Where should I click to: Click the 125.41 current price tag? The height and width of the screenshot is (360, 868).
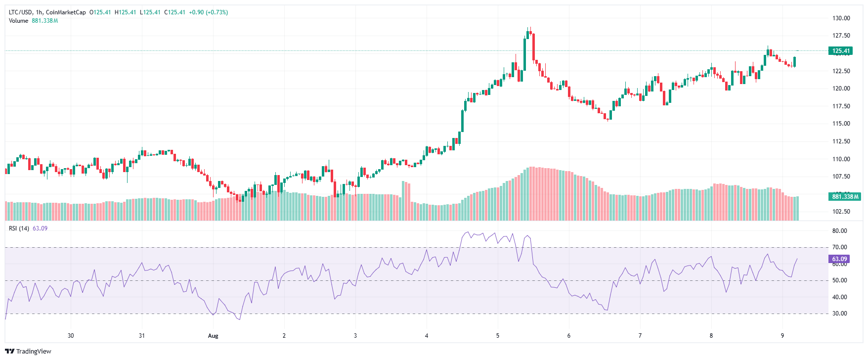tap(840, 51)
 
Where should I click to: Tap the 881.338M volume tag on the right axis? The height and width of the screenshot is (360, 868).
tap(845, 197)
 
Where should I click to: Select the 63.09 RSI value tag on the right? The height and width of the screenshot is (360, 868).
tap(839, 259)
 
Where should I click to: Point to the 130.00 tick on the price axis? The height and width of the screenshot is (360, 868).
tap(841, 18)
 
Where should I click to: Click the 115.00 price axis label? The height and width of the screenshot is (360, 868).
tap(841, 124)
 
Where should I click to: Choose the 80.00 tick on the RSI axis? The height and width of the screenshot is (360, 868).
tap(839, 231)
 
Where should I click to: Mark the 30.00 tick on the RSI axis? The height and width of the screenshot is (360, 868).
tap(839, 314)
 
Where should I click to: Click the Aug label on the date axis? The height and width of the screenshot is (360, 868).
tap(213, 336)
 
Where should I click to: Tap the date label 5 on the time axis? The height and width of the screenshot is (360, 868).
tap(498, 336)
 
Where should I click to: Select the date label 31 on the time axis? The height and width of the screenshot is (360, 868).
tap(142, 336)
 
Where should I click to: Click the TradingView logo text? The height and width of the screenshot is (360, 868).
tap(34, 352)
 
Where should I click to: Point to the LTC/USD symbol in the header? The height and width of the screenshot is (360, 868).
tap(20, 12)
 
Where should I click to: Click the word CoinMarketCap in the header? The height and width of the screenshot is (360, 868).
tap(66, 12)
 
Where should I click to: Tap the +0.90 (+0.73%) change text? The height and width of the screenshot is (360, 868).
tap(208, 12)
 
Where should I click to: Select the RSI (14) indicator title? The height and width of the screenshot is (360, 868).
tap(19, 228)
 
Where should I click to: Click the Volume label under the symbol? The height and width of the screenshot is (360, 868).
tap(18, 21)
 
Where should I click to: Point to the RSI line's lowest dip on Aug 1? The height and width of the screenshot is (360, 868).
tap(240, 319)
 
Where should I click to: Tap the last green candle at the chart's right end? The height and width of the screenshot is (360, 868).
tap(794, 62)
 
